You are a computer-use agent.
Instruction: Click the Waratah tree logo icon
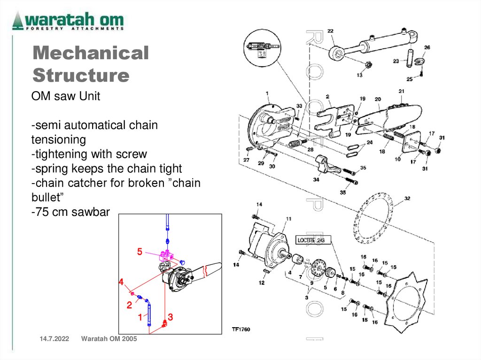coord(18,21)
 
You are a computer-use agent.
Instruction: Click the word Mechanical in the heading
coord(91,54)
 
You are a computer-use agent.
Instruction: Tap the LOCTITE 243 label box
coord(311,240)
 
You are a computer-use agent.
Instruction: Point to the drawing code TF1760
coord(240,329)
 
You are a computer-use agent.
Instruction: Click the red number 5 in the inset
coord(140,252)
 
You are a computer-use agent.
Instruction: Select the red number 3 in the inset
coord(171,317)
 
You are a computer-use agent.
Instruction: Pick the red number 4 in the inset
coord(121,282)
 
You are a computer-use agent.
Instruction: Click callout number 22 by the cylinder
coord(330,31)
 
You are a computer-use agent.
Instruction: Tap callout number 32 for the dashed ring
coord(407,199)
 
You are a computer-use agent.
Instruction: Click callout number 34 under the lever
coord(316,179)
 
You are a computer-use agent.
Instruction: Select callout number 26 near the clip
coord(427,47)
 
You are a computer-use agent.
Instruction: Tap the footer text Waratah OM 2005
coord(109,339)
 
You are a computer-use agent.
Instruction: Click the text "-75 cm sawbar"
coord(70,212)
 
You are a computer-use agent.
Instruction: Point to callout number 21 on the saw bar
coord(401,91)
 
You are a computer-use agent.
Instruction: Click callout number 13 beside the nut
coord(359,75)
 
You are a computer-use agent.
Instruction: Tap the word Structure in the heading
coord(81,75)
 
